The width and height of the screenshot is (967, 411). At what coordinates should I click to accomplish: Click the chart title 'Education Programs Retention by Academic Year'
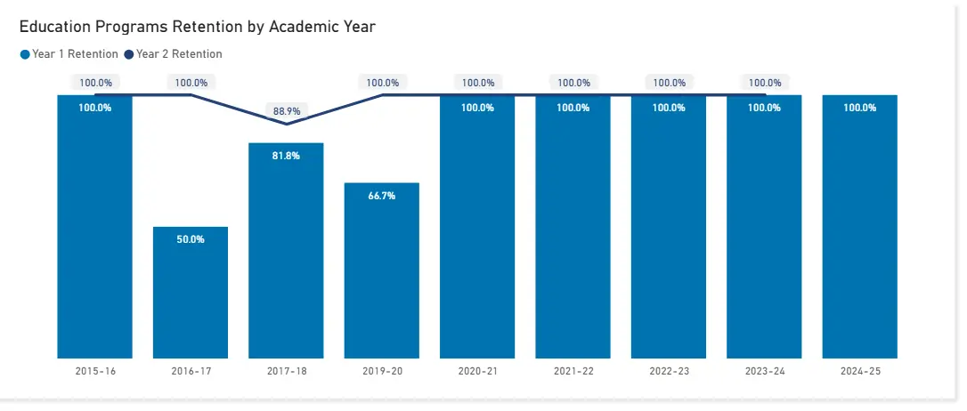[197, 27]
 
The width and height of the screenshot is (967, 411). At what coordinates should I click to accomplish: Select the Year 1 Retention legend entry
[69, 54]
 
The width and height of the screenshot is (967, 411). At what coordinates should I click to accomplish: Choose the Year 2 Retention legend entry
[174, 54]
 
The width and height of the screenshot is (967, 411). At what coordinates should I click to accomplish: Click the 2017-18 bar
[286, 258]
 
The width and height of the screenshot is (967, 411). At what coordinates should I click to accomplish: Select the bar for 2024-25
[859, 231]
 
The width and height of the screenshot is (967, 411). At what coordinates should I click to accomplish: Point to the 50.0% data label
[191, 239]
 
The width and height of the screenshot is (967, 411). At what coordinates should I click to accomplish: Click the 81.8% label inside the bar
[286, 156]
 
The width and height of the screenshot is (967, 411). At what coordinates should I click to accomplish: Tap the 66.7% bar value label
[381, 196]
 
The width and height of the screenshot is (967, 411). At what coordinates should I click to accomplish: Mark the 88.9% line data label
[286, 111]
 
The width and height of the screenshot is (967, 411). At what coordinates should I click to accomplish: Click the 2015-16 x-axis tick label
[95, 371]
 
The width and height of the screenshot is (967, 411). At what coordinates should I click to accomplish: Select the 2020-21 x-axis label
[477, 371]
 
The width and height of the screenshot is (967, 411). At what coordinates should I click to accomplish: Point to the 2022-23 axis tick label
[669, 371]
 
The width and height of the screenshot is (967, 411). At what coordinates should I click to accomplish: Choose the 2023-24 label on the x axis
[764, 371]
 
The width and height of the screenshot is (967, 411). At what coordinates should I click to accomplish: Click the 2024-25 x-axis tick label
[859, 371]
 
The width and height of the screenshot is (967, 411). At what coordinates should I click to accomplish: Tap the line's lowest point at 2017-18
[286, 124]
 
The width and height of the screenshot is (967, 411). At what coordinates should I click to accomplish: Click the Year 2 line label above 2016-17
[191, 83]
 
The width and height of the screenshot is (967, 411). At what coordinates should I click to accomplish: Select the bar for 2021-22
[573, 231]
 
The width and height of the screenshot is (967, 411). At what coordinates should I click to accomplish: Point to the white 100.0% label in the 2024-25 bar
[859, 108]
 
